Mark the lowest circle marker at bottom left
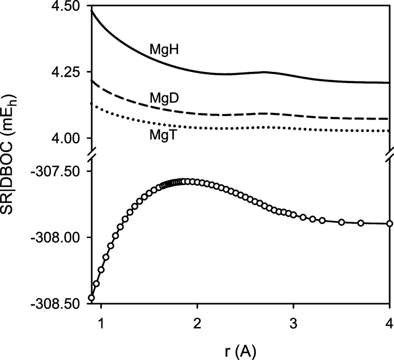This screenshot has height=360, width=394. click(91, 298)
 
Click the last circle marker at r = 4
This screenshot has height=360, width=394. click(390, 223)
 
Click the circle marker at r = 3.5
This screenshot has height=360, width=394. click(342, 222)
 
